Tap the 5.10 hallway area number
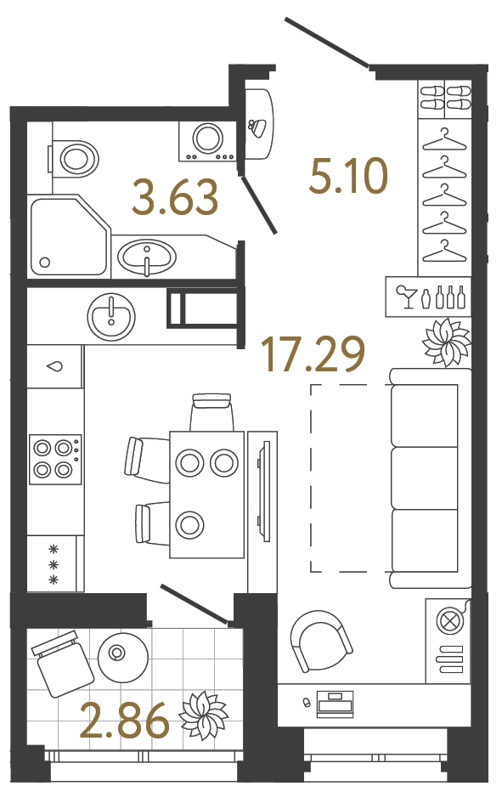(x=349, y=178)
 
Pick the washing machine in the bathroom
(x=206, y=140)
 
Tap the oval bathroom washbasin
(x=148, y=255)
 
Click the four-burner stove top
(x=54, y=459)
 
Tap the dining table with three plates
(x=206, y=494)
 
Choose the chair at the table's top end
(x=212, y=412)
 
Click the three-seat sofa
(x=429, y=478)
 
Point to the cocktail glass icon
(x=405, y=297)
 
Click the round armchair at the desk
(x=319, y=642)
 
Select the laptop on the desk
(x=335, y=703)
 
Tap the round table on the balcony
(x=117, y=653)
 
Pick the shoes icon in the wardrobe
(x=445, y=96)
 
